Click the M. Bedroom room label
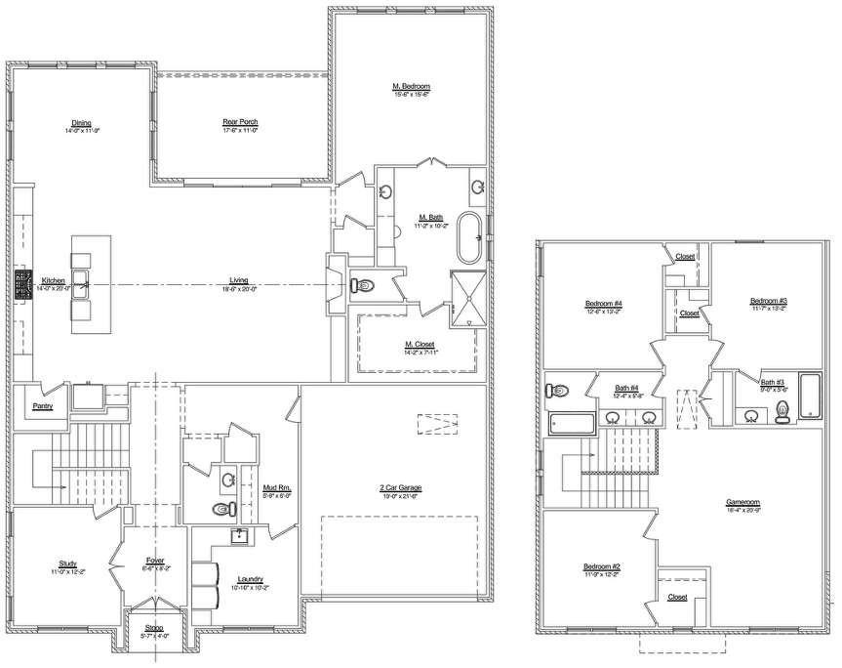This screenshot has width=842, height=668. [x=411, y=87]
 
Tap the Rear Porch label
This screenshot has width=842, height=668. [x=239, y=121]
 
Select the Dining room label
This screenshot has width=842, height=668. [x=82, y=123]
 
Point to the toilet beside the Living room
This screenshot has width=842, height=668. [x=362, y=287]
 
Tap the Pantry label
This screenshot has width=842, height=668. [x=42, y=405]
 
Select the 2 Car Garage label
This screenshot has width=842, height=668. [x=400, y=487]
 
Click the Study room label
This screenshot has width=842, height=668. [x=68, y=564]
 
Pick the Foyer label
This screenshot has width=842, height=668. [x=154, y=561]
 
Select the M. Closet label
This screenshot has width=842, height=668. [x=420, y=344]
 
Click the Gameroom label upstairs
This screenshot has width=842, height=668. [x=742, y=504]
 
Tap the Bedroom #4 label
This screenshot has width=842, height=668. [x=604, y=304]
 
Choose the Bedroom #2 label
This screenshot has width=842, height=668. [x=603, y=567]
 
